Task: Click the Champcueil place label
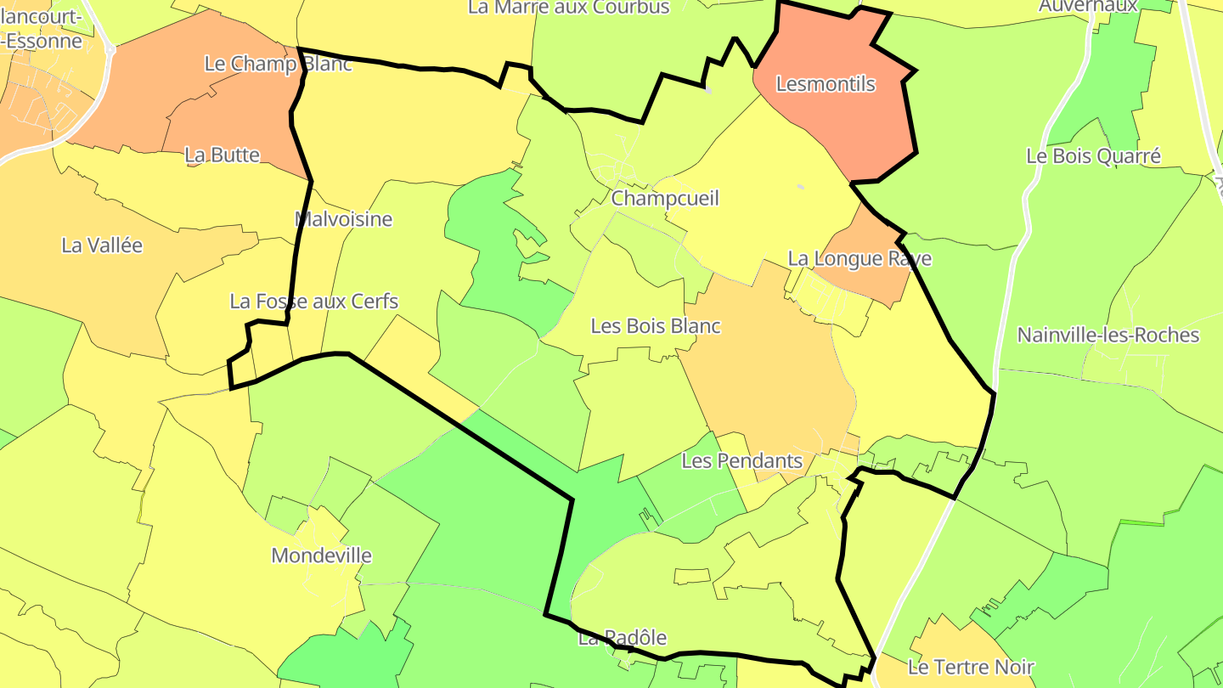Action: coord(665,199)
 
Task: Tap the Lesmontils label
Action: coord(826,84)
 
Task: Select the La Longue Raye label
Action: coord(859,259)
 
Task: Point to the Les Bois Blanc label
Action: coord(656,326)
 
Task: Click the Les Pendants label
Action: coord(742,461)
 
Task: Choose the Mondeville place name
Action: coord(321,555)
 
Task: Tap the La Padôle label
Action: coord(623,638)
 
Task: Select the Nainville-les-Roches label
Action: coord(1108,335)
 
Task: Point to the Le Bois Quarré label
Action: coord(1093,156)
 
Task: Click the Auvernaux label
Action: coord(1088,7)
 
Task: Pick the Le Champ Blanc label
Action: coord(278,64)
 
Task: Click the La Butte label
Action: coord(222,155)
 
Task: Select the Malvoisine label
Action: coord(343,219)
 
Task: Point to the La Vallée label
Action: coord(102,245)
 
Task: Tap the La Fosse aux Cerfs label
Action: coord(313,302)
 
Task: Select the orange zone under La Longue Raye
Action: coord(875,280)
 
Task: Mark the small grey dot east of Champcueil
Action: coord(800,186)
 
